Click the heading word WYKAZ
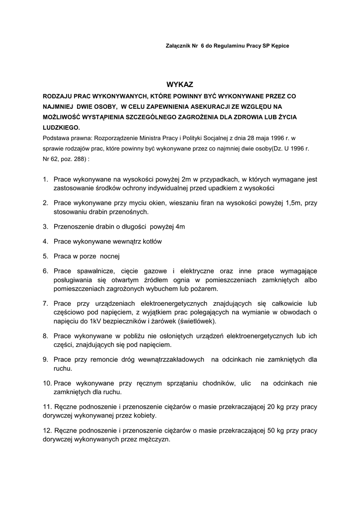[179, 85]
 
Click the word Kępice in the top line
[278, 46]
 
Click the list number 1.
[45, 179]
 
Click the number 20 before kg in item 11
[271, 407]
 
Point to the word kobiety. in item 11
[143, 416]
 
